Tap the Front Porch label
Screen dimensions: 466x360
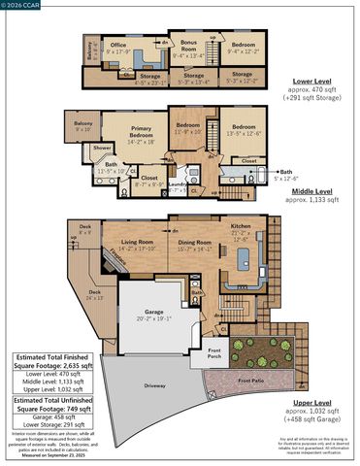(215, 354)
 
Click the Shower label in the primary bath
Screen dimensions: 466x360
(102, 149)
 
